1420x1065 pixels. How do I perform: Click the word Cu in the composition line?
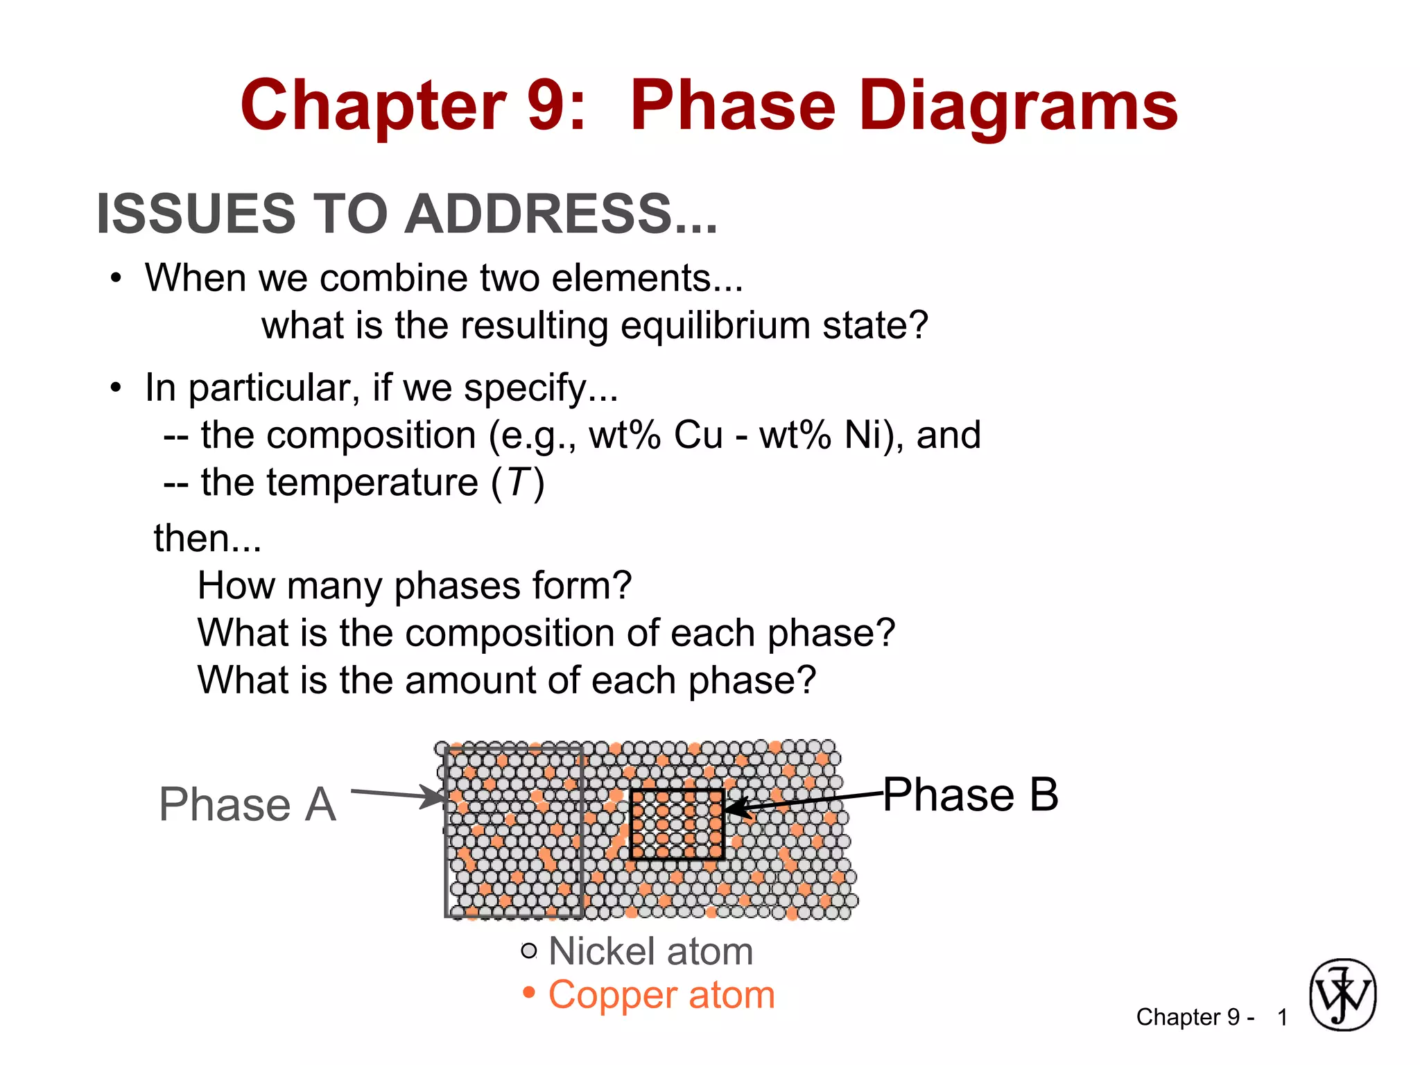pyautogui.click(x=698, y=435)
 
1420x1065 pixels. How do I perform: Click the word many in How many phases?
pyautogui.click(x=334, y=586)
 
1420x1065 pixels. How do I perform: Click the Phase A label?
pyautogui.click(x=248, y=804)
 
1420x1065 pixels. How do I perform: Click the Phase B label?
pyautogui.click(x=971, y=795)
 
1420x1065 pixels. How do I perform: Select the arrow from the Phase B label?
pyautogui.click(x=804, y=802)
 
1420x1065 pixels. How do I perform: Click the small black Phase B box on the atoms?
pyautogui.click(x=677, y=824)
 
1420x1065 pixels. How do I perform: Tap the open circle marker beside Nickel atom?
pyautogui.click(x=529, y=951)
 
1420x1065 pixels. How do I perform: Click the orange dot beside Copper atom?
pyautogui.click(x=529, y=993)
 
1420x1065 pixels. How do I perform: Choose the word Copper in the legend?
pyautogui.click(x=603, y=995)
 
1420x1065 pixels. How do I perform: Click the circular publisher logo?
pyautogui.click(x=1342, y=995)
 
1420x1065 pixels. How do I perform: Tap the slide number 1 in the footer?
pyautogui.click(x=1283, y=1017)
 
